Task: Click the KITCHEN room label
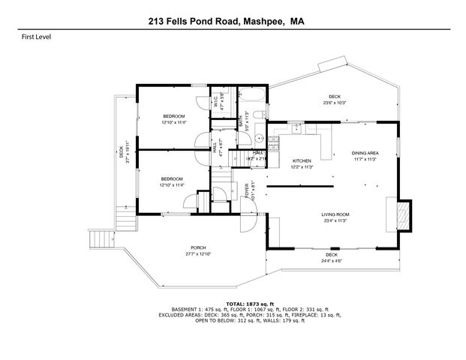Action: (x=301, y=161)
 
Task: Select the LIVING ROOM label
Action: (x=336, y=214)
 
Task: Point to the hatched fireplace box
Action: (x=404, y=215)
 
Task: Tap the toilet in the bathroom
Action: (x=258, y=115)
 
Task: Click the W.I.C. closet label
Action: (x=216, y=101)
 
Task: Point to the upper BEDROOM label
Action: (x=174, y=115)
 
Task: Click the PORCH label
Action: (x=198, y=248)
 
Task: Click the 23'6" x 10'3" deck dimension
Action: (x=335, y=103)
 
